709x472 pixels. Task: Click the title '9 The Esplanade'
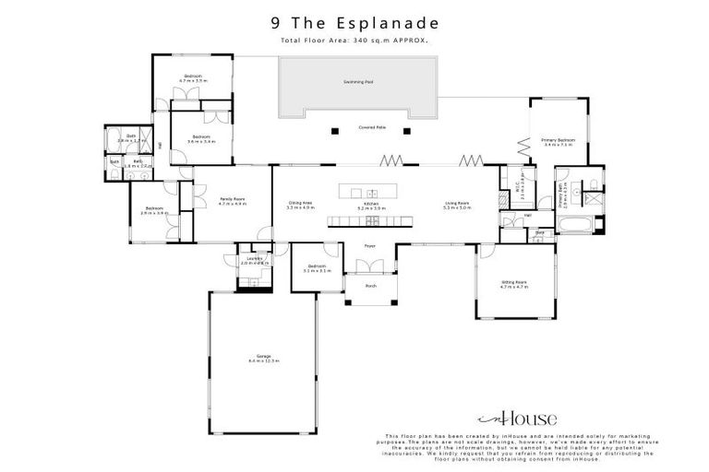pyautogui.click(x=354, y=22)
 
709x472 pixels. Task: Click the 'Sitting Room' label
pyautogui.click(x=513, y=284)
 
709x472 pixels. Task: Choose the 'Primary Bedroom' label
pyautogui.click(x=558, y=142)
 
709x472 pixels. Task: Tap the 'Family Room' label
pyautogui.click(x=232, y=201)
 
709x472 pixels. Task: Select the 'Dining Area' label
pyautogui.click(x=301, y=206)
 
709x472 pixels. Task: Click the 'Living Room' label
pyautogui.click(x=457, y=206)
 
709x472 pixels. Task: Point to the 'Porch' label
pyautogui.click(x=371, y=286)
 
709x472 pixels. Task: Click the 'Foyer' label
pyautogui.click(x=369, y=246)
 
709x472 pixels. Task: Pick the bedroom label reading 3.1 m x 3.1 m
pyautogui.click(x=317, y=268)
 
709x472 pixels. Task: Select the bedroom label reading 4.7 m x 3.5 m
pyautogui.click(x=193, y=78)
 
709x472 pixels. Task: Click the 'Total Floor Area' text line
pyautogui.click(x=354, y=41)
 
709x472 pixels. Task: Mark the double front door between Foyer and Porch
pyautogui.click(x=370, y=266)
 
